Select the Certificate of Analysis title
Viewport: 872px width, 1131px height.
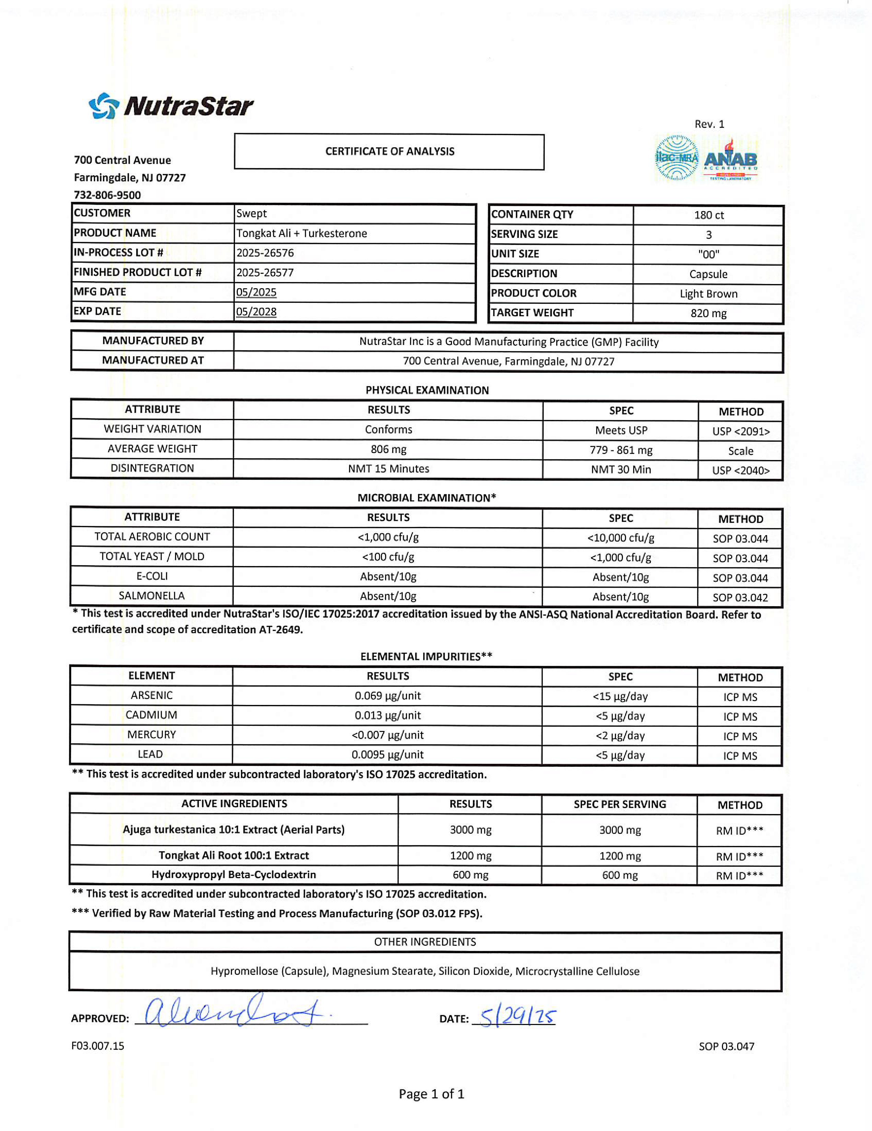pyautogui.click(x=390, y=151)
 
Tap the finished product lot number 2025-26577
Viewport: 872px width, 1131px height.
pyautogui.click(x=265, y=272)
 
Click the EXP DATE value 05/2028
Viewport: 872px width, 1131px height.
pyautogui.click(x=256, y=312)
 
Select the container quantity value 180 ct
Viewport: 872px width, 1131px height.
pyautogui.click(x=708, y=215)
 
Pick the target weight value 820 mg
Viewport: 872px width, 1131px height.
pyautogui.click(x=708, y=313)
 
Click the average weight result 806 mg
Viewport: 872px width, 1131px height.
pyautogui.click(x=388, y=449)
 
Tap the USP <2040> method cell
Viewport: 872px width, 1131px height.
pyautogui.click(x=741, y=470)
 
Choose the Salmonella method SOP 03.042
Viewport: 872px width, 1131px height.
pyautogui.click(x=740, y=598)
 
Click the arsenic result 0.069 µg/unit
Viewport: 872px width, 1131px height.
pyautogui.click(x=387, y=695)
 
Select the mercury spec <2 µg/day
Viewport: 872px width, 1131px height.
pyautogui.click(x=620, y=735)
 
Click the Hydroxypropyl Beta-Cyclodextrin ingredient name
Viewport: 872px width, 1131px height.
pyautogui.click(x=234, y=875)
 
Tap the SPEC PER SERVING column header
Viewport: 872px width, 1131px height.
pyautogui.click(x=620, y=804)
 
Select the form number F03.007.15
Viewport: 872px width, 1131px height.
pyautogui.click(x=98, y=1046)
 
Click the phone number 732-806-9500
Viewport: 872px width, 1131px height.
pyautogui.click(x=107, y=195)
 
